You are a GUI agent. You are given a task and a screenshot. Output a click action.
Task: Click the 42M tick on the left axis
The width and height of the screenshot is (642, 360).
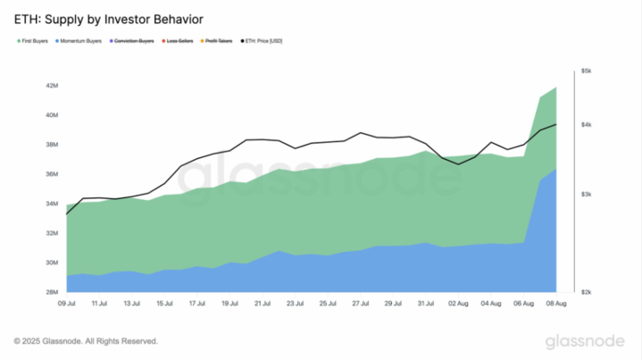coord(51,86)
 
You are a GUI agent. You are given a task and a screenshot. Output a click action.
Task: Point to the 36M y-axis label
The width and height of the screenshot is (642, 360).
coord(51,174)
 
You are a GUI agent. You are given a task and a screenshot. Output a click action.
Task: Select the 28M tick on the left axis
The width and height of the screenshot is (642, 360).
coord(51,292)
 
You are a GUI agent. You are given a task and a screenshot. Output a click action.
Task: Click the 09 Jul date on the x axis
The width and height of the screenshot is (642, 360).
coord(67,303)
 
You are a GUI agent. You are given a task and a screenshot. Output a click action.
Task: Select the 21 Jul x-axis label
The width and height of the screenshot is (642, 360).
coord(263,303)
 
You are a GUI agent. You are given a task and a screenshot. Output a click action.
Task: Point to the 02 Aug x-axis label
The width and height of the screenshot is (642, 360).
coord(458,303)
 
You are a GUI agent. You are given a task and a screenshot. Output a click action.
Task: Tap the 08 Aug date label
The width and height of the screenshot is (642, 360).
coord(555,303)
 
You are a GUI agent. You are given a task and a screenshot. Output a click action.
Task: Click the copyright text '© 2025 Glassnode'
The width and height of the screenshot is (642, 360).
coord(87,341)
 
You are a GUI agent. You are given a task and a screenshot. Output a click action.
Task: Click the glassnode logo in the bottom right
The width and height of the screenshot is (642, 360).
coord(587,341)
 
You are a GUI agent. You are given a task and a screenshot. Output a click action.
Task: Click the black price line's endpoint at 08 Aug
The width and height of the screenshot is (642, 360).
coord(556,124)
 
